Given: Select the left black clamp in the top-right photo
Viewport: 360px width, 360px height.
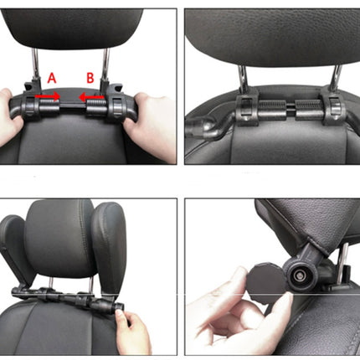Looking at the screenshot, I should (x=247, y=110).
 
